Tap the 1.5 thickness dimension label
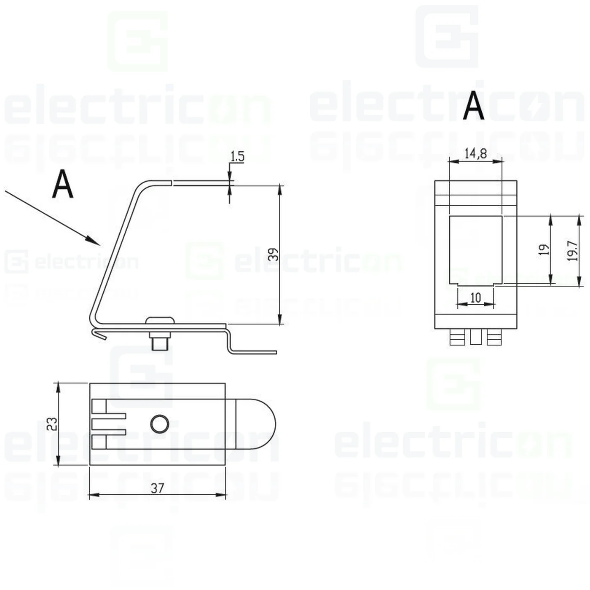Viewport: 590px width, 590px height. point(237,156)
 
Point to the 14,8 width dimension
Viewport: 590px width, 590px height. point(475,153)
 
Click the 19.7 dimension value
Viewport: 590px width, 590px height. point(572,251)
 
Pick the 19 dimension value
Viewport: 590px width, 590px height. point(544,249)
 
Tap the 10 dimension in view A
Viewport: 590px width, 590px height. point(475,298)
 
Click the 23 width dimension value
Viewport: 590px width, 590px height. point(51,424)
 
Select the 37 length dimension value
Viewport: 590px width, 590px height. point(157,488)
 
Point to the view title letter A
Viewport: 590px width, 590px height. point(473,105)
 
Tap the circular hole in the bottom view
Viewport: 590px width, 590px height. point(160,424)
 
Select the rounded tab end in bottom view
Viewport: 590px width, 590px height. point(257,424)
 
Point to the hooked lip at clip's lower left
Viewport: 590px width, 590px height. point(98,334)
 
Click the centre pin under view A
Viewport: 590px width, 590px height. point(475,337)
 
